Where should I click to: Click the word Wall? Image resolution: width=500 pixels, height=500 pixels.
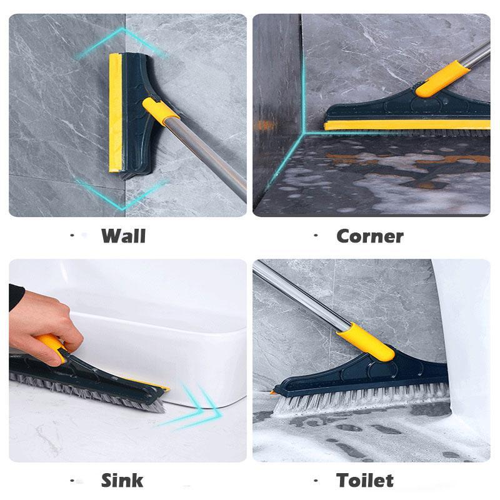click(123, 236)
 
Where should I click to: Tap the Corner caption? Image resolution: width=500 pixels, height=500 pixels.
click(369, 236)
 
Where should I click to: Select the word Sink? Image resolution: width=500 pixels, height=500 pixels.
click(122, 480)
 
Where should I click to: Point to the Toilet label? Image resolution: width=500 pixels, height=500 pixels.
click(365, 480)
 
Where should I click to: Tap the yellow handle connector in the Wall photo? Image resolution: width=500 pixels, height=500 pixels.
click(159, 109)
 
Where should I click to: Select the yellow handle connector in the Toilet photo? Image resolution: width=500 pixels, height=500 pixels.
click(365, 342)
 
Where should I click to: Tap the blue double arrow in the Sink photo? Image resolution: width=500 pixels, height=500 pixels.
click(194, 409)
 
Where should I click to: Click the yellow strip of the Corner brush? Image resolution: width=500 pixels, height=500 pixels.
click(406, 125)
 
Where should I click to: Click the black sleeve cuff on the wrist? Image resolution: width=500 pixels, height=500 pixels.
click(16, 297)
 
